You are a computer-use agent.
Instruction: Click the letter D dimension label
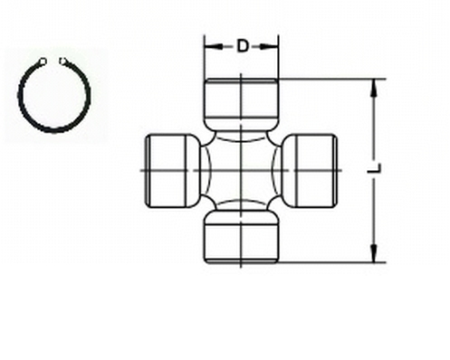(243, 45)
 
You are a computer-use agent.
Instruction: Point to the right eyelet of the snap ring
(62, 62)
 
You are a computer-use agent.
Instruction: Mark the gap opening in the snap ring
(52, 61)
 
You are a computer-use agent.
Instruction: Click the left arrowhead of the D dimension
(209, 44)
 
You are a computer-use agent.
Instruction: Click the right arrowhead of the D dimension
(275, 44)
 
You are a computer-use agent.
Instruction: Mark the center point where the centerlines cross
(242, 169)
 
